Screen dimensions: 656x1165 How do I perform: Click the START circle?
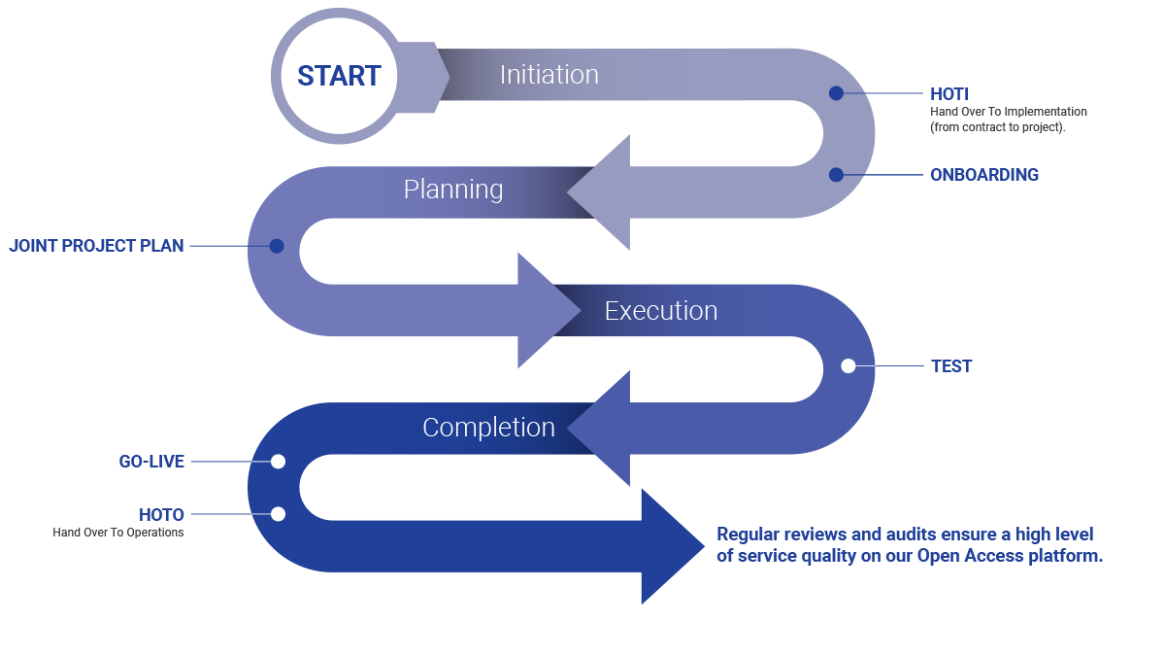pos(338,76)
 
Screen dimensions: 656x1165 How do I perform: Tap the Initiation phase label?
pos(549,75)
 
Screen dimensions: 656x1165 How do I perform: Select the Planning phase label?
pos(453,189)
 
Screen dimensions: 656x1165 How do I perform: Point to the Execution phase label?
pos(660,311)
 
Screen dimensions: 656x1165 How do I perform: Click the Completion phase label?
pos(488,428)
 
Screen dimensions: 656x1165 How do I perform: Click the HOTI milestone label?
pos(949,94)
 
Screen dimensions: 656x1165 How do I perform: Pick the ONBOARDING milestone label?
pos(984,175)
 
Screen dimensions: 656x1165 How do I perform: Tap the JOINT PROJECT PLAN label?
pos(97,246)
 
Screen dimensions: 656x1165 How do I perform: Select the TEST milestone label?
pos(951,366)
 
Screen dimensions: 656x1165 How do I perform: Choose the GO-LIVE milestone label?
pos(151,462)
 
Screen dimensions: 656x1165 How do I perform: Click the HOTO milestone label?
pos(161,514)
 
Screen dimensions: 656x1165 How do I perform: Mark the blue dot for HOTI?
pos(836,93)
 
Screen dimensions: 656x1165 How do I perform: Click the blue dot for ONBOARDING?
pos(836,175)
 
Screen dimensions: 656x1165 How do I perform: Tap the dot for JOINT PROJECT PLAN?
pos(277,246)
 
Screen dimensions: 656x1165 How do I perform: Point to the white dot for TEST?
pos(849,366)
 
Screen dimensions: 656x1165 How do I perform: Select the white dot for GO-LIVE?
pos(278,462)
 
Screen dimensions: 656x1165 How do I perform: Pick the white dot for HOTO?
pos(278,514)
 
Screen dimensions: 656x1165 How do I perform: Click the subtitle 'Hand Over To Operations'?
pos(118,533)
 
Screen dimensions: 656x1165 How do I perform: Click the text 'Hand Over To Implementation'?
pos(1009,112)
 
